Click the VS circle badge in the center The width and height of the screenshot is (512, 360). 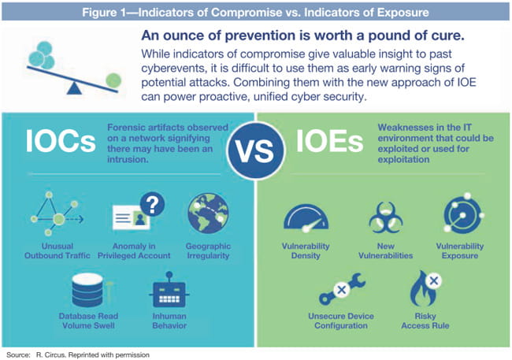click(257, 147)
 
